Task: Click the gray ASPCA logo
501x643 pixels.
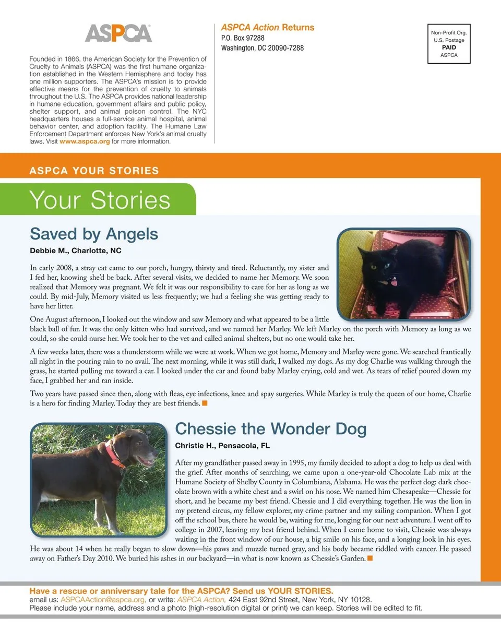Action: click(x=118, y=33)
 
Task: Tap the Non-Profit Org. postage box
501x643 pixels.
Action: click(x=448, y=44)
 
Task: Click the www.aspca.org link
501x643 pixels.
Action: click(x=85, y=141)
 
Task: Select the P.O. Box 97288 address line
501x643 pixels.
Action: click(x=243, y=38)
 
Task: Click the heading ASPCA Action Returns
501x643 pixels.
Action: click(x=268, y=28)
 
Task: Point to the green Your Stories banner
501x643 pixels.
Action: click(x=99, y=200)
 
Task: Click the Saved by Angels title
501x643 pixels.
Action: click(x=94, y=233)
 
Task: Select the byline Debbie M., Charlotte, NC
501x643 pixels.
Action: click(x=76, y=251)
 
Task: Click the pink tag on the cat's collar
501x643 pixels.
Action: click(x=393, y=282)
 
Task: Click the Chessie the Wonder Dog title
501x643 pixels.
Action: click(x=271, y=429)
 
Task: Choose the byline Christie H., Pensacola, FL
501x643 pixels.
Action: click(x=222, y=446)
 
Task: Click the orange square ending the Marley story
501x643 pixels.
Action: click(x=205, y=403)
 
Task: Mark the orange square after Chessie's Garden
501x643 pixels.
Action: click(x=370, y=559)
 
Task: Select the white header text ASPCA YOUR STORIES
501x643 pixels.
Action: click(x=94, y=171)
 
